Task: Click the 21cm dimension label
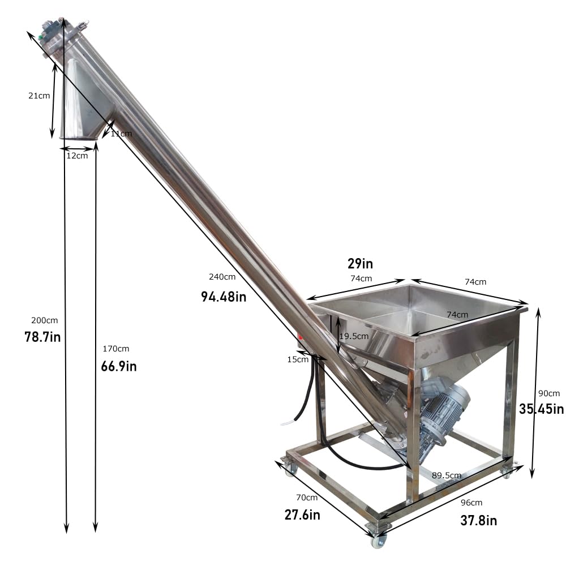pyautogui.click(x=39, y=96)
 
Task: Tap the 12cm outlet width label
pyautogui.click(x=77, y=156)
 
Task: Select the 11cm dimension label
pyautogui.click(x=121, y=134)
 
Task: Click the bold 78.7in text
pyautogui.click(x=42, y=337)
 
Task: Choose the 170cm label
pyautogui.click(x=115, y=349)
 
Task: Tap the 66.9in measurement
pyautogui.click(x=119, y=366)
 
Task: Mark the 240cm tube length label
pyautogui.click(x=222, y=277)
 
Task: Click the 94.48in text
pyautogui.click(x=224, y=296)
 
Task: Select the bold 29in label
pyautogui.click(x=360, y=264)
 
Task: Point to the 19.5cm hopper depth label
pyautogui.click(x=354, y=336)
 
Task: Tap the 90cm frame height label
pyautogui.click(x=548, y=393)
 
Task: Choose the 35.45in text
pyautogui.click(x=542, y=409)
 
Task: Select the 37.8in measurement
pyautogui.click(x=479, y=520)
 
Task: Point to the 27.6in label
pyautogui.click(x=302, y=514)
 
